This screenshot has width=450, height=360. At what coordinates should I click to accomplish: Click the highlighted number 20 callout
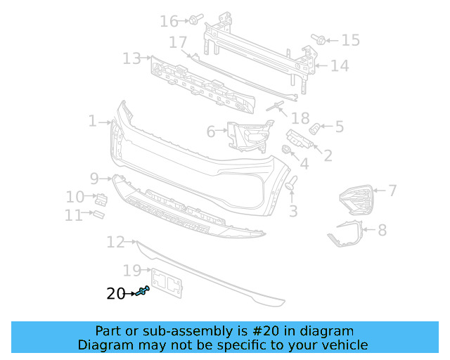pyautogui.click(x=115, y=294)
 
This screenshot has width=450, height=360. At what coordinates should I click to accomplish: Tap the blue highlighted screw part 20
pyautogui.click(x=144, y=292)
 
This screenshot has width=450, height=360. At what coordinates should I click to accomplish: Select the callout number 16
pyautogui.click(x=169, y=21)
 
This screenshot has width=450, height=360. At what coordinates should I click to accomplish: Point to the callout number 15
pyautogui.click(x=350, y=40)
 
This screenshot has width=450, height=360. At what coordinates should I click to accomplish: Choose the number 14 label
pyautogui.click(x=340, y=66)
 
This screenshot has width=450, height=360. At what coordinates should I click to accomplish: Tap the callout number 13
pyautogui.click(x=131, y=58)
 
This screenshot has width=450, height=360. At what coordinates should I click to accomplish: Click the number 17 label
pyautogui.click(x=178, y=41)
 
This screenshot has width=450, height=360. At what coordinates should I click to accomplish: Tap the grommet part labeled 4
pyautogui.click(x=287, y=150)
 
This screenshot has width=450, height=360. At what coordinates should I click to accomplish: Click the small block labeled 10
pyautogui.click(x=101, y=198)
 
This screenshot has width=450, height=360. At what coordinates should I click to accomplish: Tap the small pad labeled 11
pyautogui.click(x=98, y=213)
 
